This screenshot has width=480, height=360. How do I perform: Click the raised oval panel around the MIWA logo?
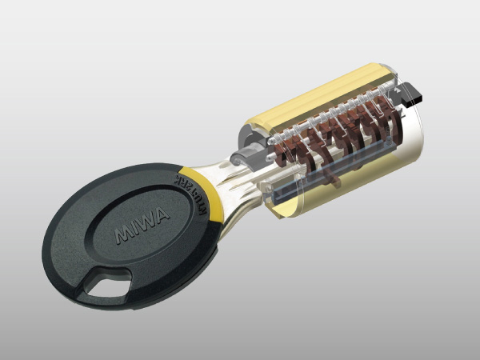tap(140, 240)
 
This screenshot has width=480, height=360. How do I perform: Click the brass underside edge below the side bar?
tap(320, 196)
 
